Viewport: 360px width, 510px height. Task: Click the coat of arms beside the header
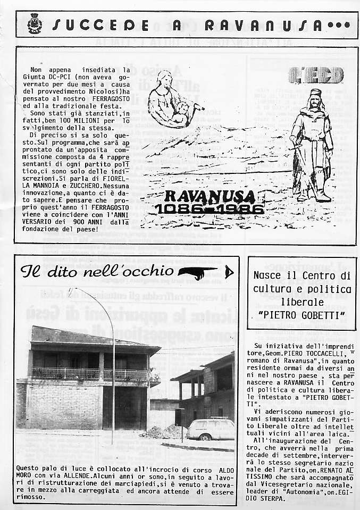coord(35,24)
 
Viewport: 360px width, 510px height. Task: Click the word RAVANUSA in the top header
coord(264,25)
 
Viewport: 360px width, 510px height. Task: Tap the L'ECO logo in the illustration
coord(316,76)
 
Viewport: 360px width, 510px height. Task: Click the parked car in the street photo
coord(211,429)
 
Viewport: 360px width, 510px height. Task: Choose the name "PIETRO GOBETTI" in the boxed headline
coord(301,315)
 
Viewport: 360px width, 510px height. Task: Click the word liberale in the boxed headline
coord(302,302)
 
